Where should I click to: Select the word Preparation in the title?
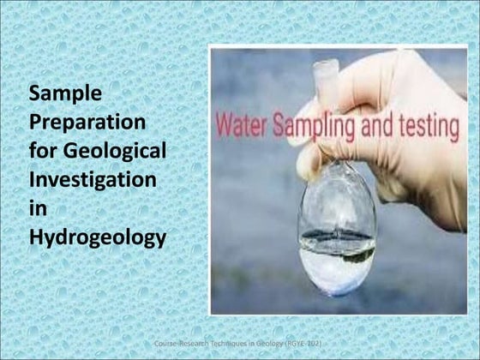[87, 121]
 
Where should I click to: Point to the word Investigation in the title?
[93, 179]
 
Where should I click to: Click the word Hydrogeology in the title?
[97, 237]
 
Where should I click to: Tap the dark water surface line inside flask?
[337, 234]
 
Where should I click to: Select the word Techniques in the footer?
[228, 343]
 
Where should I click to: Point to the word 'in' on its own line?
[38, 208]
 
